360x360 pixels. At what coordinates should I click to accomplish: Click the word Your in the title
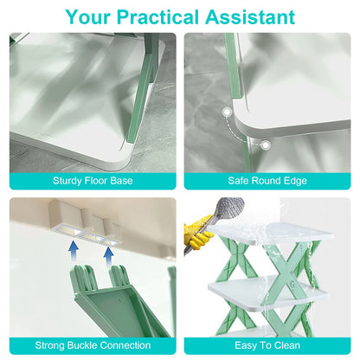(89, 16)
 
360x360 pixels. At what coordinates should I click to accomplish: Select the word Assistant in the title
(254, 16)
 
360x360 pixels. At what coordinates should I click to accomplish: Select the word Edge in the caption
(297, 180)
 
